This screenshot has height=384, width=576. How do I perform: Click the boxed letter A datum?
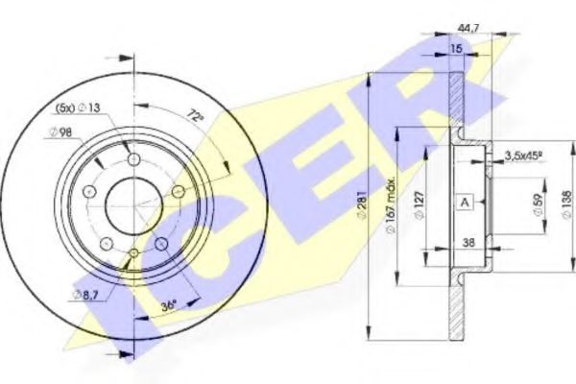pos(465,202)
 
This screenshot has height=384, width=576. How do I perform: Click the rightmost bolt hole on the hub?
pos(177,191)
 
